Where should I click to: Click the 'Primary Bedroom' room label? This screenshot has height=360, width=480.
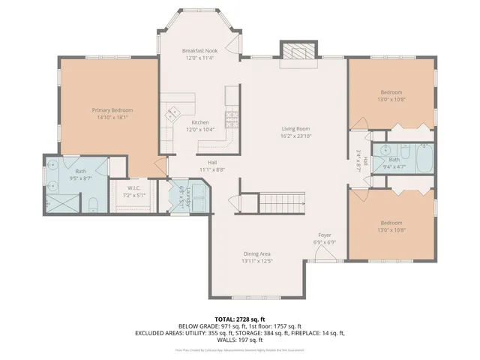106,109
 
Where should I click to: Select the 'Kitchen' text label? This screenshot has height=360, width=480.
199,122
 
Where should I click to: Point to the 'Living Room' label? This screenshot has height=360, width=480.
296,128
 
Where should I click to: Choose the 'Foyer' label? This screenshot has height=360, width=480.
325,235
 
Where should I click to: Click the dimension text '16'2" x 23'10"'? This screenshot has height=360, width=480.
296,136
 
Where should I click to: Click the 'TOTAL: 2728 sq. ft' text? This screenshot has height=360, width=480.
239,318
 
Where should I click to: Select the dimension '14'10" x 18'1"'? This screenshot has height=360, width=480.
106,117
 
